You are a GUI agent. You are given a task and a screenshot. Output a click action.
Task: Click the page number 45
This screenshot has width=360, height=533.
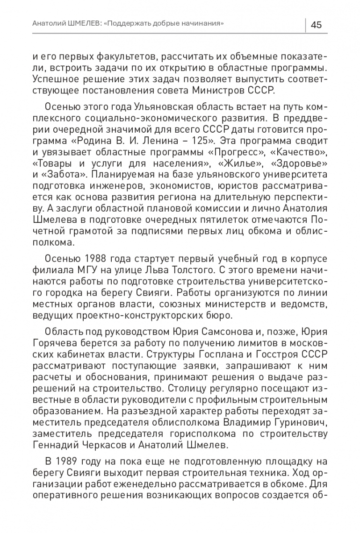[316, 25]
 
